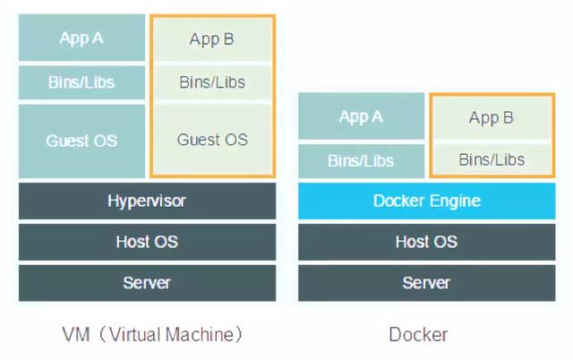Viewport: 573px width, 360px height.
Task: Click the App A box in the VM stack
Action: click(x=81, y=38)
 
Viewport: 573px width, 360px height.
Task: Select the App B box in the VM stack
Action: click(x=212, y=39)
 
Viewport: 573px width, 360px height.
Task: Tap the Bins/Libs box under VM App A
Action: click(x=81, y=83)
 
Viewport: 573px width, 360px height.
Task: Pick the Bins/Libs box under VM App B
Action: click(x=212, y=83)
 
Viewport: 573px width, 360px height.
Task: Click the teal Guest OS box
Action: click(x=81, y=141)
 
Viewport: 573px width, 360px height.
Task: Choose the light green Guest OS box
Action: click(x=212, y=140)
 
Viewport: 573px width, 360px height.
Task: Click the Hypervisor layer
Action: click(x=147, y=201)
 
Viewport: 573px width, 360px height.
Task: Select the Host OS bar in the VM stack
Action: click(x=147, y=242)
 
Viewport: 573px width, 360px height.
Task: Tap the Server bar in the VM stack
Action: click(x=147, y=283)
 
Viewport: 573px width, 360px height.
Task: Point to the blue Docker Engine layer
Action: click(x=426, y=201)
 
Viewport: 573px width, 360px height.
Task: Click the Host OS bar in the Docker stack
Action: click(x=426, y=242)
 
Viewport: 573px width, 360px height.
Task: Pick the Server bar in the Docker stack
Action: click(x=426, y=283)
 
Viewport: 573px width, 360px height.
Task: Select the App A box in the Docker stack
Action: click(x=361, y=116)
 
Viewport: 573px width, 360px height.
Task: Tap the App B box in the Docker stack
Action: click(x=492, y=117)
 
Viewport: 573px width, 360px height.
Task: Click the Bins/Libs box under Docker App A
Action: click(x=361, y=161)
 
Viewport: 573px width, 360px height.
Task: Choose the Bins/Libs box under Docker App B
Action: click(x=492, y=160)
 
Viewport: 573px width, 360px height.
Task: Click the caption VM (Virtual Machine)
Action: click(x=153, y=335)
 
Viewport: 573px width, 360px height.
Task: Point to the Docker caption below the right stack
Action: click(x=418, y=335)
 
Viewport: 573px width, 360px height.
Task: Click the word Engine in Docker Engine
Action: click(x=453, y=201)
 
